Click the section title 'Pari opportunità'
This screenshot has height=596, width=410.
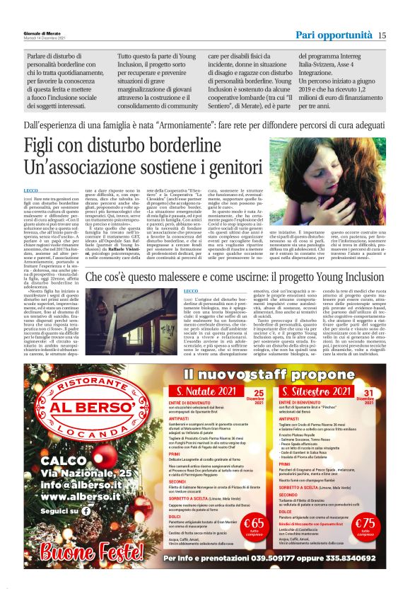coord(334,35)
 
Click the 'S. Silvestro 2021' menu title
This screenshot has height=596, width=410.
coord(317,392)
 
